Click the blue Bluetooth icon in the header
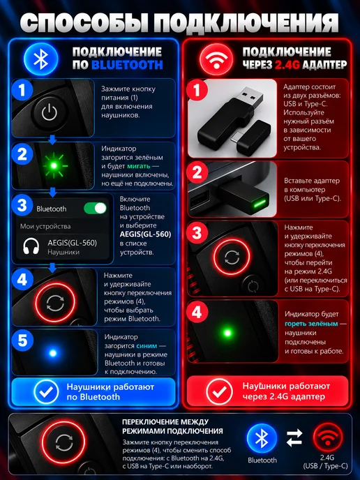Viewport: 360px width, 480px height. [40, 59]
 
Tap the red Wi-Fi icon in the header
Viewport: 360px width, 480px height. [216, 60]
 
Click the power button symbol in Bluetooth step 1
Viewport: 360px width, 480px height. [50, 112]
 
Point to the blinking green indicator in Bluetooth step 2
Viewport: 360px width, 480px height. [54, 165]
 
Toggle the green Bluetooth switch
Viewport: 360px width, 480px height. [95, 208]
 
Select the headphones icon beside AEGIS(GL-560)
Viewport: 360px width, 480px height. [31, 246]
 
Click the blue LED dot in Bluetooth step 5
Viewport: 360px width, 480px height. [52, 353]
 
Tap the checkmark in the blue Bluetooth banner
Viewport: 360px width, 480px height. [46, 391]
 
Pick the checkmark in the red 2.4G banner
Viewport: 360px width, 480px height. [219, 391]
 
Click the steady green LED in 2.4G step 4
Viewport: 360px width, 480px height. [227, 333]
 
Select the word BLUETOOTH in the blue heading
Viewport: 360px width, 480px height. [127, 65]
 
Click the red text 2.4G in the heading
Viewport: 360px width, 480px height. [287, 65]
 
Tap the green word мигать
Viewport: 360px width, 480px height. [139, 166]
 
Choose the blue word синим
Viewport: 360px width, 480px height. [147, 346]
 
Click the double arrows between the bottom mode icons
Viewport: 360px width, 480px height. [294, 438]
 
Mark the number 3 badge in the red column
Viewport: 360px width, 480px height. [197, 233]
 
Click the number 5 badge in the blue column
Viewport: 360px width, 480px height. [22, 340]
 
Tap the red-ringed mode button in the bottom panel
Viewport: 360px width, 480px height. [63, 442]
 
